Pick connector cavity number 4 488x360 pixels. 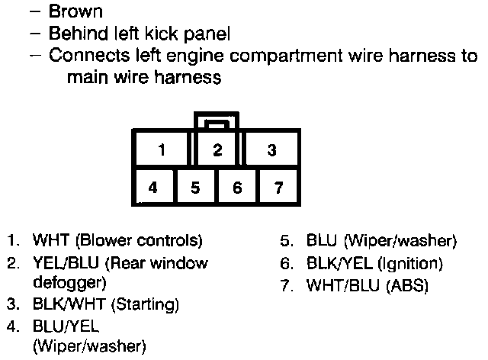tap(154, 186)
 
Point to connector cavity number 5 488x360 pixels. tap(196, 186)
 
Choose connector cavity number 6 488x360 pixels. tap(237, 186)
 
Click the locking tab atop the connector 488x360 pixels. tap(217, 121)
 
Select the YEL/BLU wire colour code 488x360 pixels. tap(61, 264)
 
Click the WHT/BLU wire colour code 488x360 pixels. tap(336, 286)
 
